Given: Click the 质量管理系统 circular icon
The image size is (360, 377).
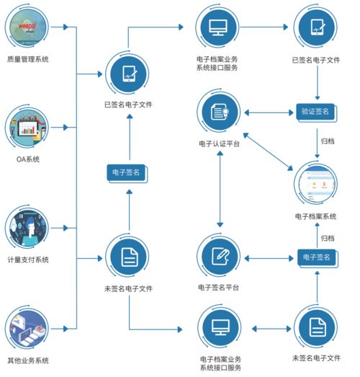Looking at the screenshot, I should pos(28,27).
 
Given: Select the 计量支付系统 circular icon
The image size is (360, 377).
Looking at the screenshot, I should pos(28,229).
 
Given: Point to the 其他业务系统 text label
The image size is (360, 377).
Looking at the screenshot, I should pos(28,360).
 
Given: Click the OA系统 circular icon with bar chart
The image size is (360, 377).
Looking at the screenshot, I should pos(28,128).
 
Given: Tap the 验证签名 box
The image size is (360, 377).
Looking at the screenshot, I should pos(315,112).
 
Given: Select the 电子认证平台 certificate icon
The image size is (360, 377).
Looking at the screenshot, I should pos(219,112).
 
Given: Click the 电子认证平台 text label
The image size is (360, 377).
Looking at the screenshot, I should pos(219,144).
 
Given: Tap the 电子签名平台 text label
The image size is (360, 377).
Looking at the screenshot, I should pos(219,288).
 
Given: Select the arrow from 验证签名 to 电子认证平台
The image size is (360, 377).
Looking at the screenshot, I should pos(269,112).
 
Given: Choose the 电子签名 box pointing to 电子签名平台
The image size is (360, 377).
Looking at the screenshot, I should pos(315,257).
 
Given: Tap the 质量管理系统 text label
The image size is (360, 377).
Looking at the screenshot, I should pos(28,59).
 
